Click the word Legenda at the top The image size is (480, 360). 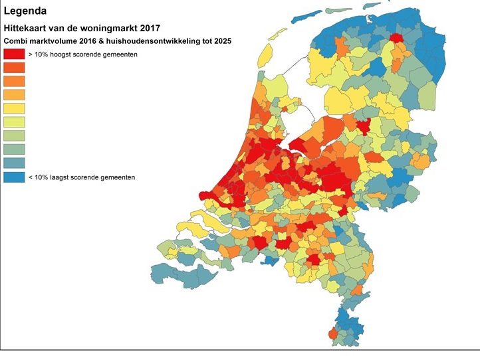25,11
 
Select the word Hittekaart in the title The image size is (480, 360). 24,29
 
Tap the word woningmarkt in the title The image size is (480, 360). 103,29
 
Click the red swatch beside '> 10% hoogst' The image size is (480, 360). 14,54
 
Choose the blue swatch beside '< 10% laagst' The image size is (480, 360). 14,177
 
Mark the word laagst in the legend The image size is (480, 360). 63,177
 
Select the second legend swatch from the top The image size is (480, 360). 14,68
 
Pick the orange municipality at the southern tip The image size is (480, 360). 332,333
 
